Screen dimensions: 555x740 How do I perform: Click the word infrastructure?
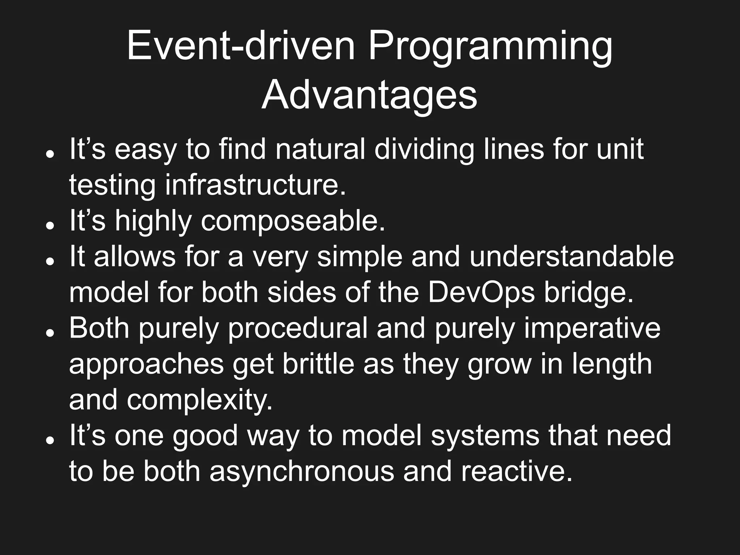[255, 185]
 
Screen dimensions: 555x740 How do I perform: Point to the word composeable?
[293, 221]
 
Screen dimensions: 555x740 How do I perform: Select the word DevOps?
[481, 292]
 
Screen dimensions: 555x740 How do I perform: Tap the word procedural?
[297, 328]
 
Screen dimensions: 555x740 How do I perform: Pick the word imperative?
[591, 328]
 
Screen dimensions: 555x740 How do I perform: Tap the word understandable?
[571, 257]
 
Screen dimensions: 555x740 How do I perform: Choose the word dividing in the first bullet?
[424, 149]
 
